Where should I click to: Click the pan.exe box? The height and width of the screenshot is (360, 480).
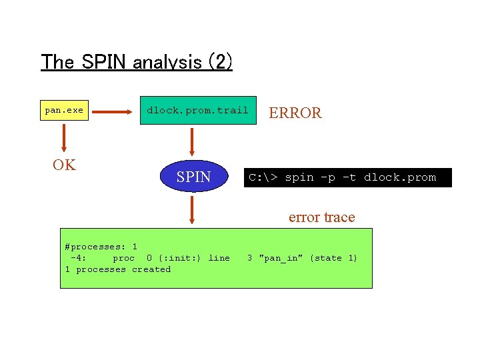click(x=64, y=111)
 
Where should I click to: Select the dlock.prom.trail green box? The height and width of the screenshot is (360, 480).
click(x=197, y=111)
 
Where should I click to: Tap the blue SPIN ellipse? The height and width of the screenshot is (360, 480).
click(x=194, y=177)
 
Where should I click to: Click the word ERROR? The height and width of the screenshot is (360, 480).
click(x=295, y=113)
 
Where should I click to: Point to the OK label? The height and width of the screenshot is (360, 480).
click(x=64, y=165)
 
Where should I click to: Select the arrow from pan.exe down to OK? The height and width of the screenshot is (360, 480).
click(x=64, y=138)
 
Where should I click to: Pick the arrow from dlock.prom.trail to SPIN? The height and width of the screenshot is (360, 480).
click(x=192, y=141)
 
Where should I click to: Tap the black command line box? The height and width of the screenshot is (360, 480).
click(x=347, y=177)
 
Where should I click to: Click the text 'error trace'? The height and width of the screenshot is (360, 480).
click(x=321, y=217)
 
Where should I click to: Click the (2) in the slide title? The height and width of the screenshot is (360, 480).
click(x=220, y=63)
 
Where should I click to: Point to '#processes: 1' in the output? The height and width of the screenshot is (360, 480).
click(x=101, y=247)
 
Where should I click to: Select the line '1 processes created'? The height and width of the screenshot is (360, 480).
click(x=118, y=269)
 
